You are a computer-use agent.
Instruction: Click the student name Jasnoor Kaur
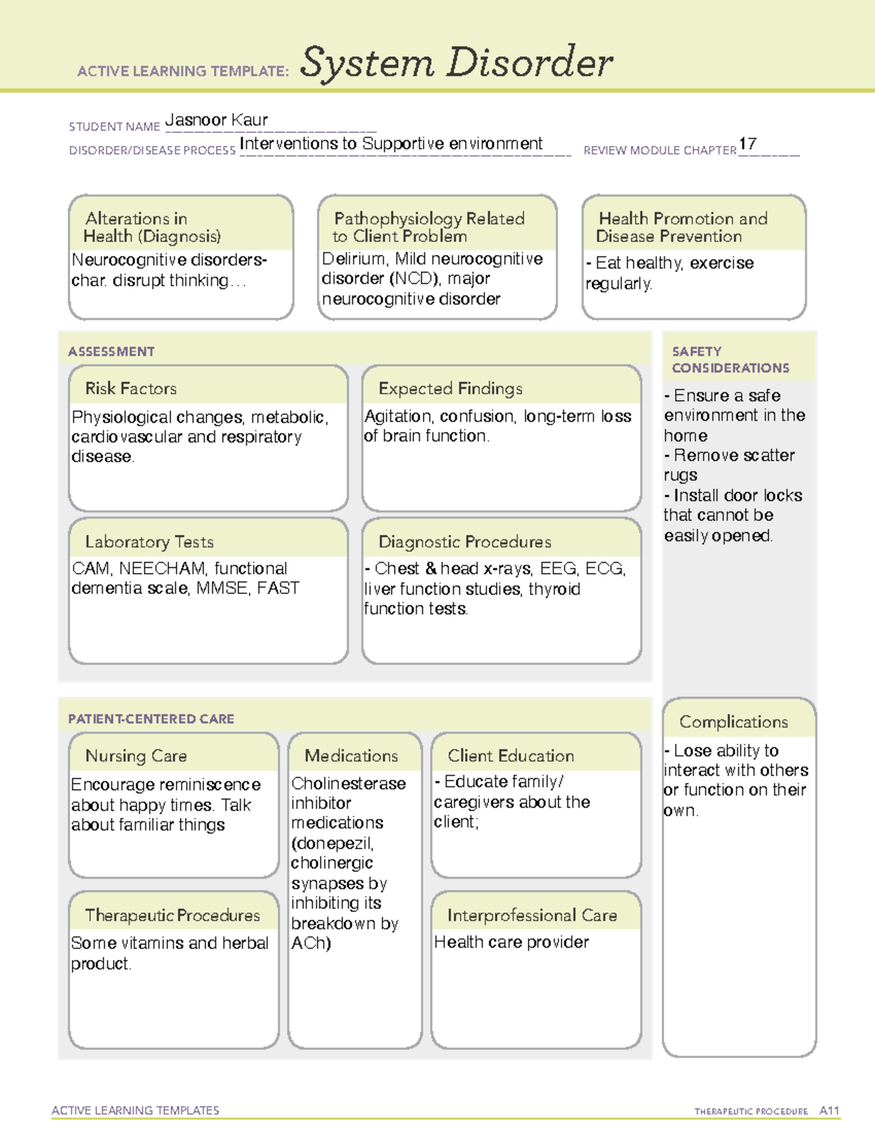[217, 120]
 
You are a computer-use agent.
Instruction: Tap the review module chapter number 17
[747, 144]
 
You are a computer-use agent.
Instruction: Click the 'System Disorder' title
[456, 63]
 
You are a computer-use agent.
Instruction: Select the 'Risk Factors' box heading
[131, 389]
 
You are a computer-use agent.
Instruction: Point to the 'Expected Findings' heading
[450, 389]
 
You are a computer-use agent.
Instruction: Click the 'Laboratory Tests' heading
[149, 542]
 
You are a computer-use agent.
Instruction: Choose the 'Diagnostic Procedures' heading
[464, 542]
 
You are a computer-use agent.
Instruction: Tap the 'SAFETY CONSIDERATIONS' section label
[730, 359]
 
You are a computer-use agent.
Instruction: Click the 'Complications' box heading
[734, 722]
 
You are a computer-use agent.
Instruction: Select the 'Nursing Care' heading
[136, 756]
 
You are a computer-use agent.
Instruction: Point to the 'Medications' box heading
[351, 756]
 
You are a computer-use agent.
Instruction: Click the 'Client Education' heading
[510, 756]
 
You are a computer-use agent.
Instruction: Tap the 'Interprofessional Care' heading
[532, 915]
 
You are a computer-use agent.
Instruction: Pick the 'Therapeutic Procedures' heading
[172, 915]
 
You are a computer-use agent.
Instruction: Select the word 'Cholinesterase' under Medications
[349, 784]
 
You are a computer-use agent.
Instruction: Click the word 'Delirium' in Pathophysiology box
[354, 259]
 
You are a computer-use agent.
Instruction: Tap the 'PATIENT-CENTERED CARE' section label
[151, 719]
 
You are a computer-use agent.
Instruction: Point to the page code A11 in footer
[829, 1110]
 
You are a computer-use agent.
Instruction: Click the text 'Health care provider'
[511, 942]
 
